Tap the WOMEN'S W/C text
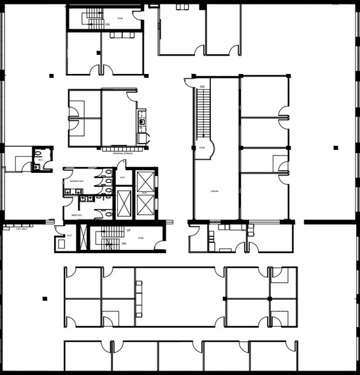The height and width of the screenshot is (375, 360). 75,182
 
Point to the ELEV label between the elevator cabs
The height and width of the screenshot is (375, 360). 144,193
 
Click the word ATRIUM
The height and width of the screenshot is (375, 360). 215,191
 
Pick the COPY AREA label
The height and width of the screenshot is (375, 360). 21,229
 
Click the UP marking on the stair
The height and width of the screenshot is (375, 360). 129,230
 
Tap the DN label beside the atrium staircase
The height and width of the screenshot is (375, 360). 202,86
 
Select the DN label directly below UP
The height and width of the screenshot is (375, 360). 124,244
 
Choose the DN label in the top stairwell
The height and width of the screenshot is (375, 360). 99,24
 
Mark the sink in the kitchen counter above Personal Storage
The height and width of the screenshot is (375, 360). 141,121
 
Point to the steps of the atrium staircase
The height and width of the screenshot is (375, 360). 203,112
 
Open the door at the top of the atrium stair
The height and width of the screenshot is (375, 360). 190,82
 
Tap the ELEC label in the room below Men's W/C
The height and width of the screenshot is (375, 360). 69,235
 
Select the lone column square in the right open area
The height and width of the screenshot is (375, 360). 335,148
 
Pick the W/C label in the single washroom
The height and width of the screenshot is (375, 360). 40,160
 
